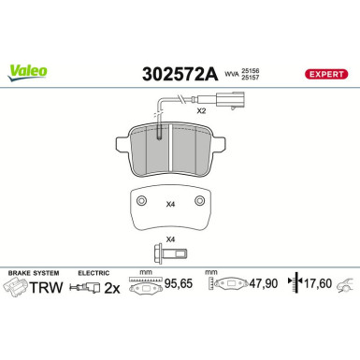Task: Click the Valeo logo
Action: [x=28, y=73]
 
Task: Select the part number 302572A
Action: [x=180, y=75]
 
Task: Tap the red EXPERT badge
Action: [x=326, y=74]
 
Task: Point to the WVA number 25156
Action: [x=250, y=71]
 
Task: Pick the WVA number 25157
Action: [x=250, y=78]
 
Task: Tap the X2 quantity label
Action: [x=202, y=110]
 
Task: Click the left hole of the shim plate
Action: [x=142, y=200]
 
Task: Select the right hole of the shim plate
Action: [x=199, y=200]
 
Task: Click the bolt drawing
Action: [x=170, y=253]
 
